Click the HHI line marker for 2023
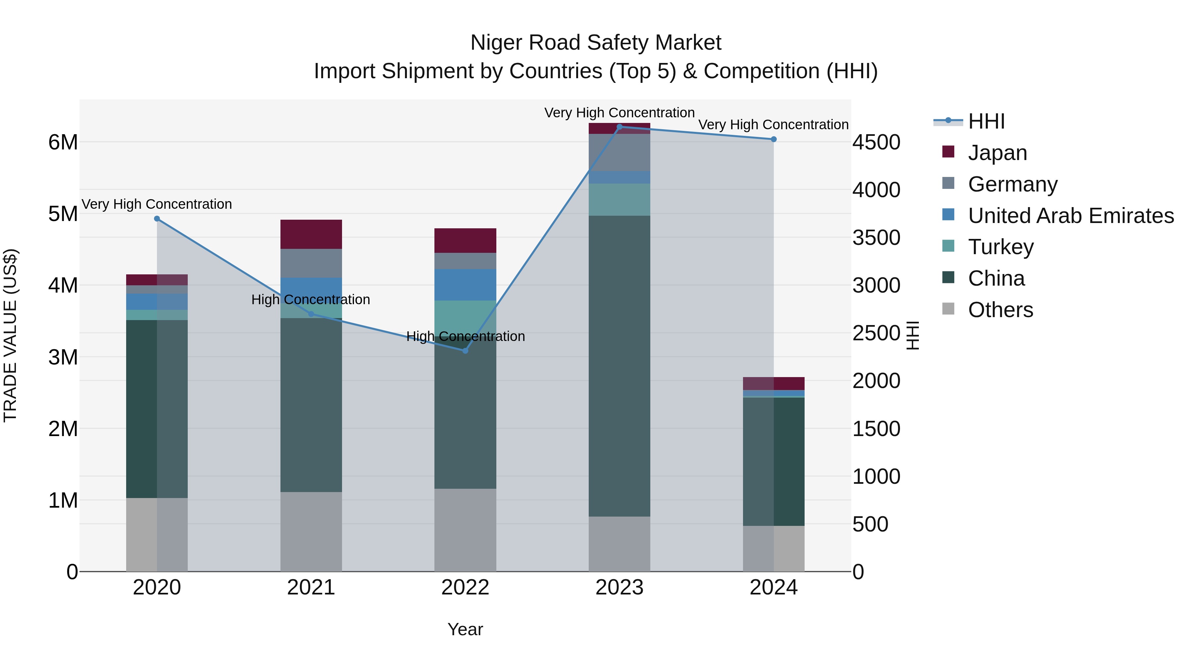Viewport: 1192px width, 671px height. point(619,127)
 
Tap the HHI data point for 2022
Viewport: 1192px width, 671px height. point(465,351)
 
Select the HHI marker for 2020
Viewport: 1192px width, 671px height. point(157,219)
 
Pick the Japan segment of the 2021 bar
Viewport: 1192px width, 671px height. point(311,234)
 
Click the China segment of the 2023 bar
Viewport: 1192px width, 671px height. point(619,366)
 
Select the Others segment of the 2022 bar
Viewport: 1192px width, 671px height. point(465,530)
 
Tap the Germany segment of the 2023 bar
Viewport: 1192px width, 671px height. point(619,152)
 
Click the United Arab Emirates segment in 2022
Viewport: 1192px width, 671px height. point(465,285)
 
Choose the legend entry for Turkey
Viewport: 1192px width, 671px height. point(1000,247)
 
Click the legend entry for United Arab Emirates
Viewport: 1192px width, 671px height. point(1070,216)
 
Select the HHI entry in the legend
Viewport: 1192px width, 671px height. point(986,121)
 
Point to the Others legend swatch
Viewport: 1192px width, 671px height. point(948,309)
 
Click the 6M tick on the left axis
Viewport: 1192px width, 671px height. point(63,142)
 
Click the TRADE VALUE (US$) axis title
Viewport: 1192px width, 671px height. point(10,335)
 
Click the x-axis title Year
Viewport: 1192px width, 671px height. point(465,629)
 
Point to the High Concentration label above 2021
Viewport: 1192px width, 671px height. point(311,300)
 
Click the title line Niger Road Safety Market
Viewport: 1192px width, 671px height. point(596,43)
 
